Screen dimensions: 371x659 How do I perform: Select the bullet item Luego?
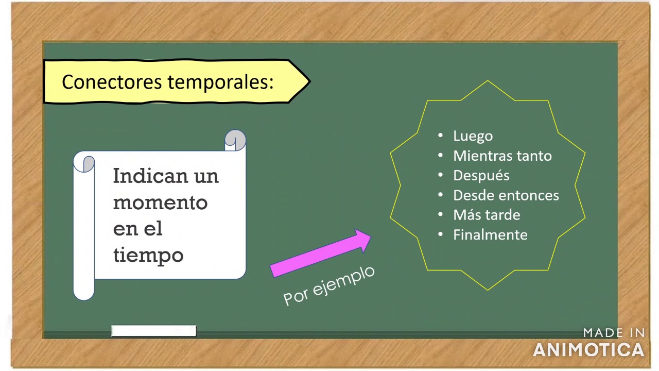point(473,136)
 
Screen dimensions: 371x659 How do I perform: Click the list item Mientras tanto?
point(502,156)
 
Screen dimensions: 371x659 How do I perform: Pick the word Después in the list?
point(481,175)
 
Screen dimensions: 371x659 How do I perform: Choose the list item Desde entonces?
point(506,195)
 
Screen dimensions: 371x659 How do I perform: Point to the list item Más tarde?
point(486,215)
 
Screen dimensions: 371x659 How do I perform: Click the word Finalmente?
point(490,235)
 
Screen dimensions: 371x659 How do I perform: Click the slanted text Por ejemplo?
point(329,285)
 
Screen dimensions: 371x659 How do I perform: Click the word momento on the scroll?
point(160,203)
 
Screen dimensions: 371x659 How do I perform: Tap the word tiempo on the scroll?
point(148,255)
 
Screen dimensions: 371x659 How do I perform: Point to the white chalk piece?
point(153,331)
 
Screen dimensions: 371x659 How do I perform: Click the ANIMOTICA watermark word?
point(588,350)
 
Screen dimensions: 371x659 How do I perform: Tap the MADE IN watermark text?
point(614,333)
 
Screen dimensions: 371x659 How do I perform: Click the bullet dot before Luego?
point(440,136)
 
